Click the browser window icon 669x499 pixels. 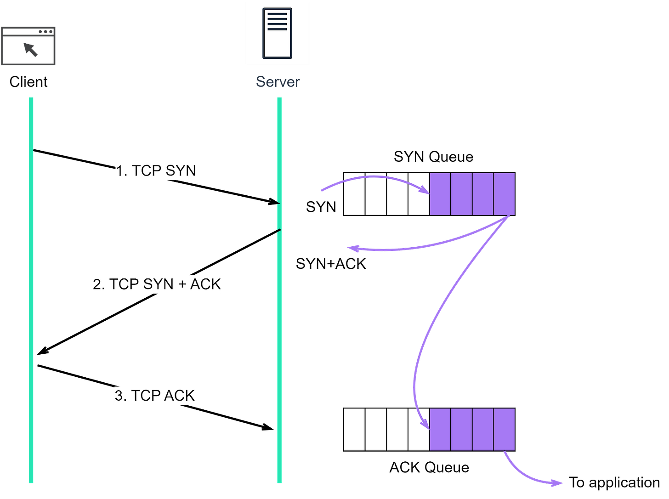(x=28, y=46)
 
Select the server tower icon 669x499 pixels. (x=277, y=33)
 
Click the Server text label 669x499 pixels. (x=278, y=82)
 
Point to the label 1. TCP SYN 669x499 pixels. (x=156, y=171)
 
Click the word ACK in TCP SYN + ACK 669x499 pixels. (x=205, y=284)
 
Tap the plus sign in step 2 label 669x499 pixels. (x=182, y=285)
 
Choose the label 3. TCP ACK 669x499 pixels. (x=155, y=396)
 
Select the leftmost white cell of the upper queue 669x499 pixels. (x=355, y=194)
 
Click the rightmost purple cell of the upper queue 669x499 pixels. (x=505, y=194)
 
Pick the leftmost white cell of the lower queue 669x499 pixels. (x=355, y=429)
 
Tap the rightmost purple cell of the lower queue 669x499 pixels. (x=505, y=429)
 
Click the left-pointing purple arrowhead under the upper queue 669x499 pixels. (x=352, y=249)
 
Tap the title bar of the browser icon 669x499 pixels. (x=28, y=32)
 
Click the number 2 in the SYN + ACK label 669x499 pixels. (x=97, y=285)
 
